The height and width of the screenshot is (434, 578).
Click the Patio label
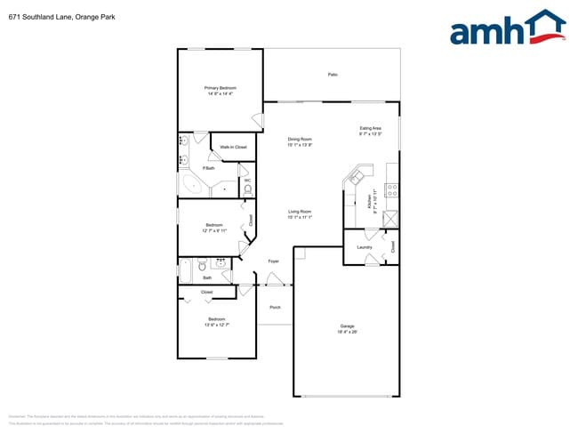[x=333, y=75]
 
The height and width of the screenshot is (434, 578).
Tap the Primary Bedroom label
[x=220, y=88]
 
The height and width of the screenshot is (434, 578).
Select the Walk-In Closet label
[x=233, y=147]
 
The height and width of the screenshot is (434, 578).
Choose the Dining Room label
[x=300, y=139]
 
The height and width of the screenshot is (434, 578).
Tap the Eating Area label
[x=370, y=128]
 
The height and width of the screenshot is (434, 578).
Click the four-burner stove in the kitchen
[x=392, y=189]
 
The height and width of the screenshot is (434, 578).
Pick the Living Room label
[x=300, y=211]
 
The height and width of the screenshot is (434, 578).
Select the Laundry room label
[x=365, y=246]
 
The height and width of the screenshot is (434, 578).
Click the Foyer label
[x=274, y=261]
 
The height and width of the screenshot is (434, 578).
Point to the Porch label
[x=275, y=307]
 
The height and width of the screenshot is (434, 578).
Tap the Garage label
[x=347, y=325]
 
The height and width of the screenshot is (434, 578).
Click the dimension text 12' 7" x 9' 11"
[x=214, y=230]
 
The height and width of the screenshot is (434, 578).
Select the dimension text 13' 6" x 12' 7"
[x=217, y=325]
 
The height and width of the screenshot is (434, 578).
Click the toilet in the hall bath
[x=203, y=264]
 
